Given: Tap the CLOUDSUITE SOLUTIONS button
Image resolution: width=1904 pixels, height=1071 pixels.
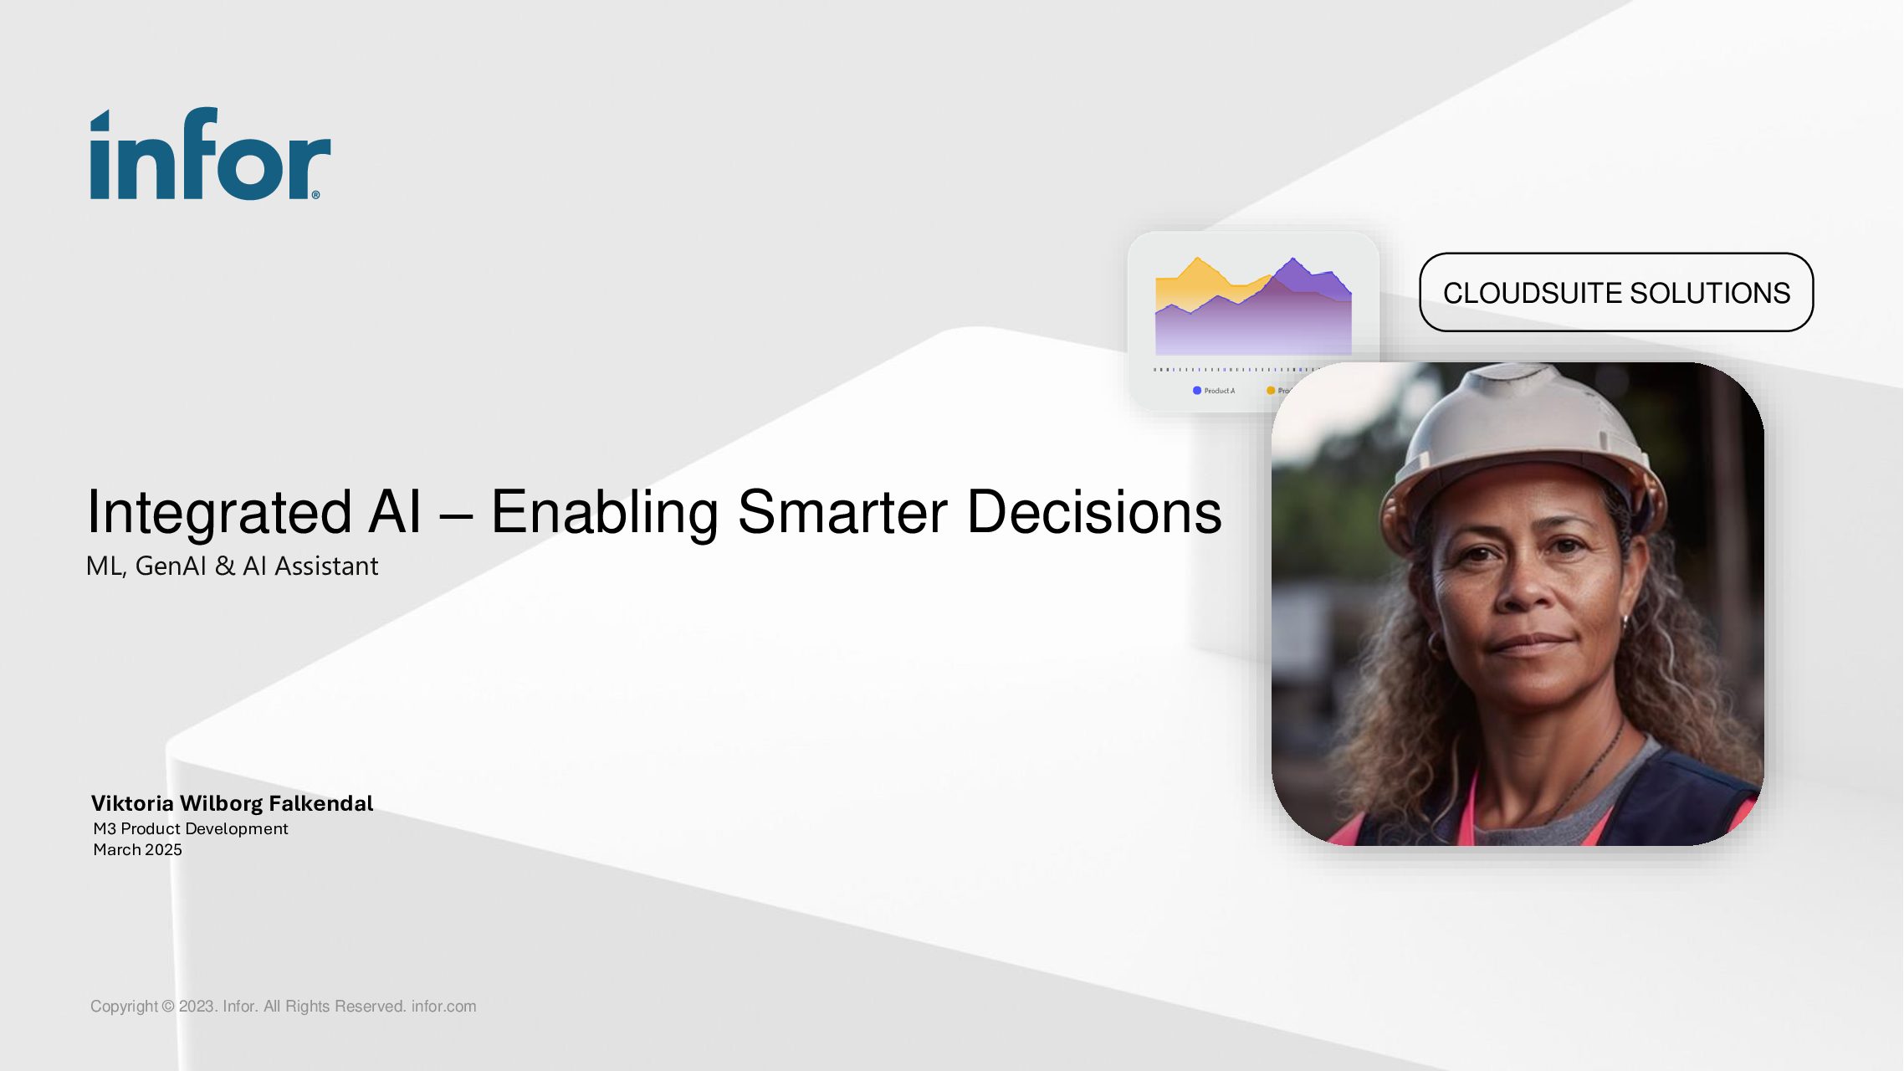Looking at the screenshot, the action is (x=1616, y=292).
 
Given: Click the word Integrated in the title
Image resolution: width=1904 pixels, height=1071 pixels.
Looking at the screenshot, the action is (x=220, y=513).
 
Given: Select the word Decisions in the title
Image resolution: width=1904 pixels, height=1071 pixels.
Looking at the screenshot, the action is (x=1094, y=511).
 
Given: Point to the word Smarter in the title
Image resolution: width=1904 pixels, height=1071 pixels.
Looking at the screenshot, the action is (x=842, y=511).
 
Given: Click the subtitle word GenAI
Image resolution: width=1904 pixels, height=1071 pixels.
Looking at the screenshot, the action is (x=171, y=566).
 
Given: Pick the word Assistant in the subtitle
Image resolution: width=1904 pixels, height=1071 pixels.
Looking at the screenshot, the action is (x=326, y=566).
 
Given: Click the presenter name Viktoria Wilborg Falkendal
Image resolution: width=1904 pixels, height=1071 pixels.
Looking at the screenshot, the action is (x=232, y=803).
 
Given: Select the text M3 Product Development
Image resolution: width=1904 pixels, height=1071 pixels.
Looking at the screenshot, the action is (x=191, y=828).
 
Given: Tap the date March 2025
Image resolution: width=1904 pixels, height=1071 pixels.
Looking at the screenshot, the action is (x=137, y=849).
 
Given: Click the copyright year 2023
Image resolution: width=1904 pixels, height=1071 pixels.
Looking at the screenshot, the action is (x=198, y=1007).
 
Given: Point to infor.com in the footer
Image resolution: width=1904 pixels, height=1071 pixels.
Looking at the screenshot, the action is (x=443, y=1007).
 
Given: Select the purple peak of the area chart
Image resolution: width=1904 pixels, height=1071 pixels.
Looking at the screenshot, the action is (x=1293, y=259).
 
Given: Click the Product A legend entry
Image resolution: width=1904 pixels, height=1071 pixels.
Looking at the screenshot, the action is (x=1214, y=391).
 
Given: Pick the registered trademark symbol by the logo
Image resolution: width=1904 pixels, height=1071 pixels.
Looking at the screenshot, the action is (x=315, y=195).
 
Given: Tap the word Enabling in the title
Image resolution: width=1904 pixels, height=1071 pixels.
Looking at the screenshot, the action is (x=604, y=513).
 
